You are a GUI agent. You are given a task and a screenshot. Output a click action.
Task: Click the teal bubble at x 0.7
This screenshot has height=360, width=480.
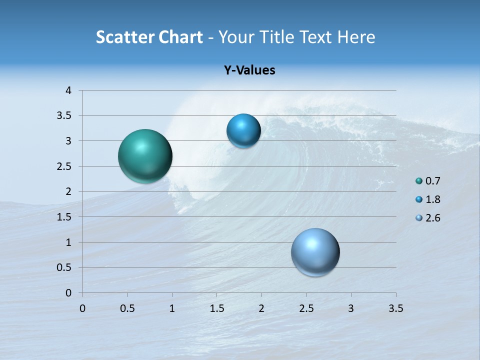coord(145,156)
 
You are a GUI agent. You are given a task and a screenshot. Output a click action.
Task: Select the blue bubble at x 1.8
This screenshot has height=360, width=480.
coord(243,131)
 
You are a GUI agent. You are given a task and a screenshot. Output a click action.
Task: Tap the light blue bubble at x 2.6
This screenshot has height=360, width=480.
coord(315,252)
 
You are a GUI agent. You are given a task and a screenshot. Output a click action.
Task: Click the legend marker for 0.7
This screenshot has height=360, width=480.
coord(419,181)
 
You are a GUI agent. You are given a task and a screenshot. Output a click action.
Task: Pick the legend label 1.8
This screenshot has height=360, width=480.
coord(432,199)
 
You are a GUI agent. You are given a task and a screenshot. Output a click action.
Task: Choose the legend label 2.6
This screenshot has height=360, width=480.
coord(432,218)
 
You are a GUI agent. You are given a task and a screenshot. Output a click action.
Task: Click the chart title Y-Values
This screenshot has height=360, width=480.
coord(249,70)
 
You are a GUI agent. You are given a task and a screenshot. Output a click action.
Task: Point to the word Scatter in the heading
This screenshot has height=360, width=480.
coord(125,37)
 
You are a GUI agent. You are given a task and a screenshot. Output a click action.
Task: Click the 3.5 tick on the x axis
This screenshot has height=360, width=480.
coord(395,308)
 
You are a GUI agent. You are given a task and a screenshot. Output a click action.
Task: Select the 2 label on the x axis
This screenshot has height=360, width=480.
coord(261,308)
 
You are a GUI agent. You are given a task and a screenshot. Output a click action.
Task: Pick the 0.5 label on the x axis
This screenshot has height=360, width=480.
coord(127,308)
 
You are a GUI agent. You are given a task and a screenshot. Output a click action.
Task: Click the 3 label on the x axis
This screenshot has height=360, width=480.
coord(351,308)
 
